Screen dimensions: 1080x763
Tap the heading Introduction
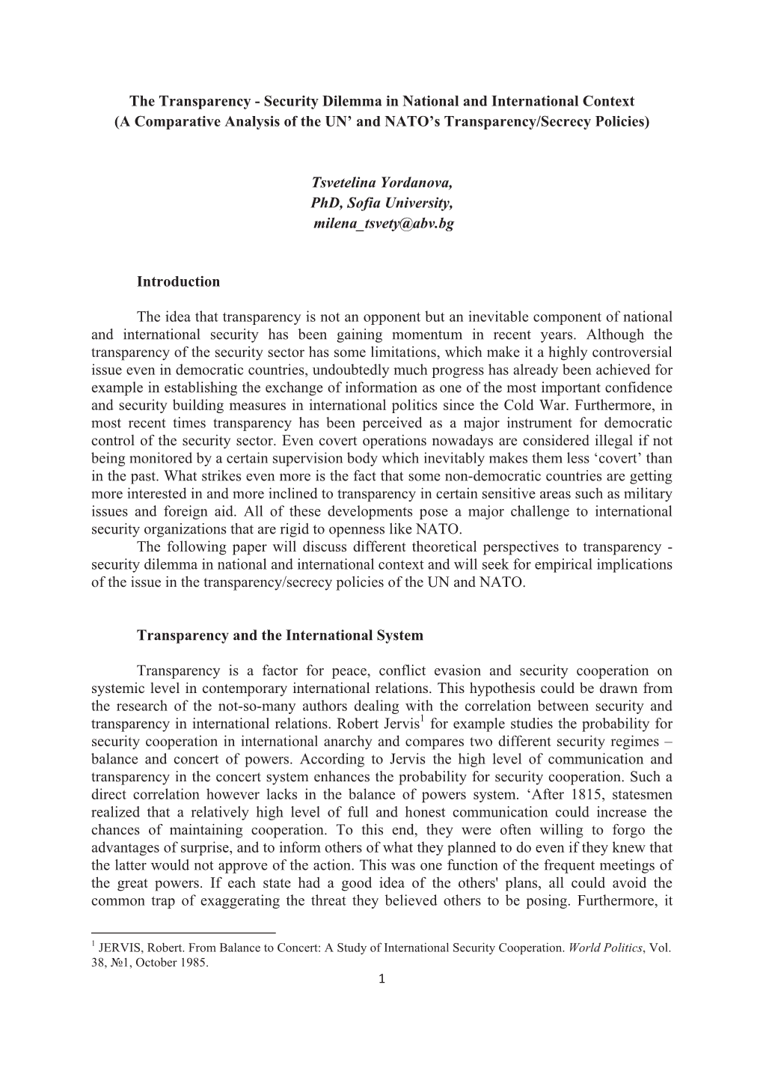pos(179,281)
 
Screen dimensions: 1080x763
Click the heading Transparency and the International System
pos(280,635)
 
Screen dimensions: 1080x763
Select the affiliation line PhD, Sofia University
pos(381,203)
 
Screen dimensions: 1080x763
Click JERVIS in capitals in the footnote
pos(118,948)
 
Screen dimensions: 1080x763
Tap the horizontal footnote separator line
pos(183,933)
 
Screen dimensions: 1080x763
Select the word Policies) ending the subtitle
pos(621,121)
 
